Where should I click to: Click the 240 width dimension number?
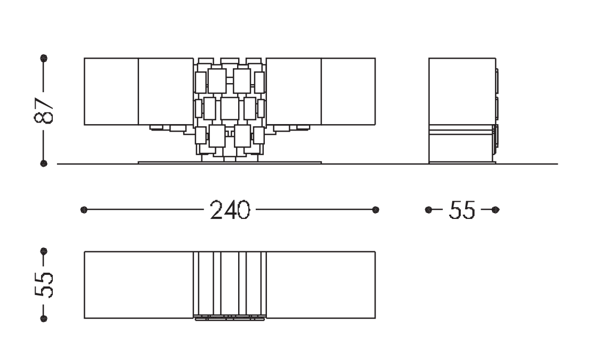point(230,209)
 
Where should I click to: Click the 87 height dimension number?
point(44,111)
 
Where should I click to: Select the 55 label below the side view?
point(462,209)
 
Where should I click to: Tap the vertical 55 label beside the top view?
point(44,285)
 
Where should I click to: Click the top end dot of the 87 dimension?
point(44,59)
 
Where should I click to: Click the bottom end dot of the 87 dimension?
point(44,163)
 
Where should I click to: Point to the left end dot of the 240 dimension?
point(84,209)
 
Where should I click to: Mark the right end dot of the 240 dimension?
point(376,209)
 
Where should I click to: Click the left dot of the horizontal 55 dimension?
point(429,209)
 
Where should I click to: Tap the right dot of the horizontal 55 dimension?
point(495,209)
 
